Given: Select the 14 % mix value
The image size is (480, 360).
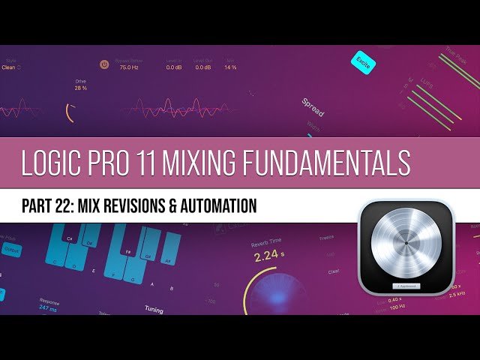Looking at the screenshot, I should (230, 67).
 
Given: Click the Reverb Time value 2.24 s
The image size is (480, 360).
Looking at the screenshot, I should (268, 256).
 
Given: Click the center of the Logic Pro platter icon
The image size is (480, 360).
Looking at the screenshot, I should (406, 244).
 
